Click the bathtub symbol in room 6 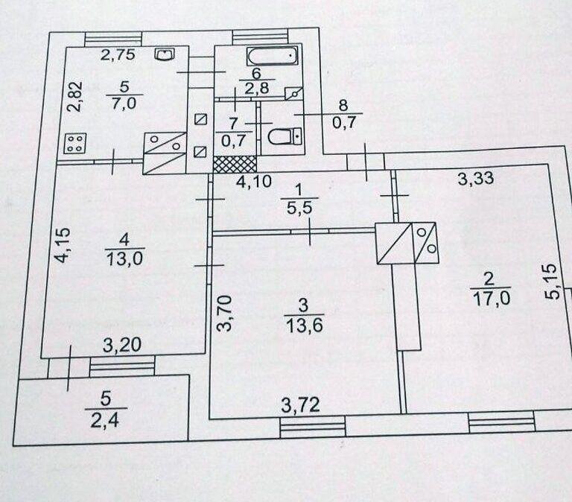(x=273, y=57)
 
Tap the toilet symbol (x=285, y=136)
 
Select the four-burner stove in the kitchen (x=75, y=143)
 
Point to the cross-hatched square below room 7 (x=235, y=164)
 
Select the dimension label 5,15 (x=553, y=282)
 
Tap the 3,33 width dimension (x=476, y=179)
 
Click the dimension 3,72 (x=301, y=405)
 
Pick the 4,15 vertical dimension (x=62, y=245)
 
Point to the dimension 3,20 (x=122, y=345)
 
